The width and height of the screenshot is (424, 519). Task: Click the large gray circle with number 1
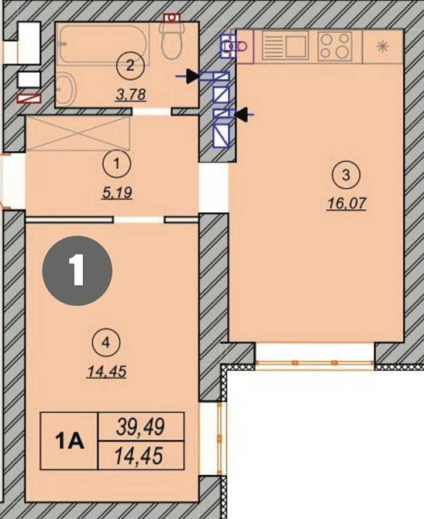(x=78, y=270)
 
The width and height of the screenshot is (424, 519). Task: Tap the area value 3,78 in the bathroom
(x=130, y=95)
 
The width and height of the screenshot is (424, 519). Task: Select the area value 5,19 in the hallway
(x=117, y=193)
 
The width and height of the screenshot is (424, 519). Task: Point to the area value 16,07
(x=346, y=204)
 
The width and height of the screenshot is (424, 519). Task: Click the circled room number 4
(x=106, y=343)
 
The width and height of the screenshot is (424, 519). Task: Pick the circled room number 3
(x=346, y=175)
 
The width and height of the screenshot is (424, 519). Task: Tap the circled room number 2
(x=130, y=66)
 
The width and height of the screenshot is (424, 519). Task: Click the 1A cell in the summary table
(x=69, y=441)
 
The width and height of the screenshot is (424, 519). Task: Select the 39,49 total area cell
(x=141, y=427)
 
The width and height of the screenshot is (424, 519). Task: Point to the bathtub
(x=103, y=45)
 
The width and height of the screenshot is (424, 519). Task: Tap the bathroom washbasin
(x=66, y=88)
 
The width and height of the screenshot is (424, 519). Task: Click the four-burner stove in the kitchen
(x=335, y=46)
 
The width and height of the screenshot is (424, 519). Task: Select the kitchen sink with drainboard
(x=285, y=46)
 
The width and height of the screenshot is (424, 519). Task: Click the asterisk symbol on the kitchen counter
(x=383, y=46)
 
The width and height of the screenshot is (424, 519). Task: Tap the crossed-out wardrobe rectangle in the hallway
(x=78, y=133)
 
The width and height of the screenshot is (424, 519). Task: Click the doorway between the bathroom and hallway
(x=152, y=112)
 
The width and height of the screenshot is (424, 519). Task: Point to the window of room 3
(x=315, y=363)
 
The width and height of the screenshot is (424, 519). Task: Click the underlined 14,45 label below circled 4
(x=107, y=372)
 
